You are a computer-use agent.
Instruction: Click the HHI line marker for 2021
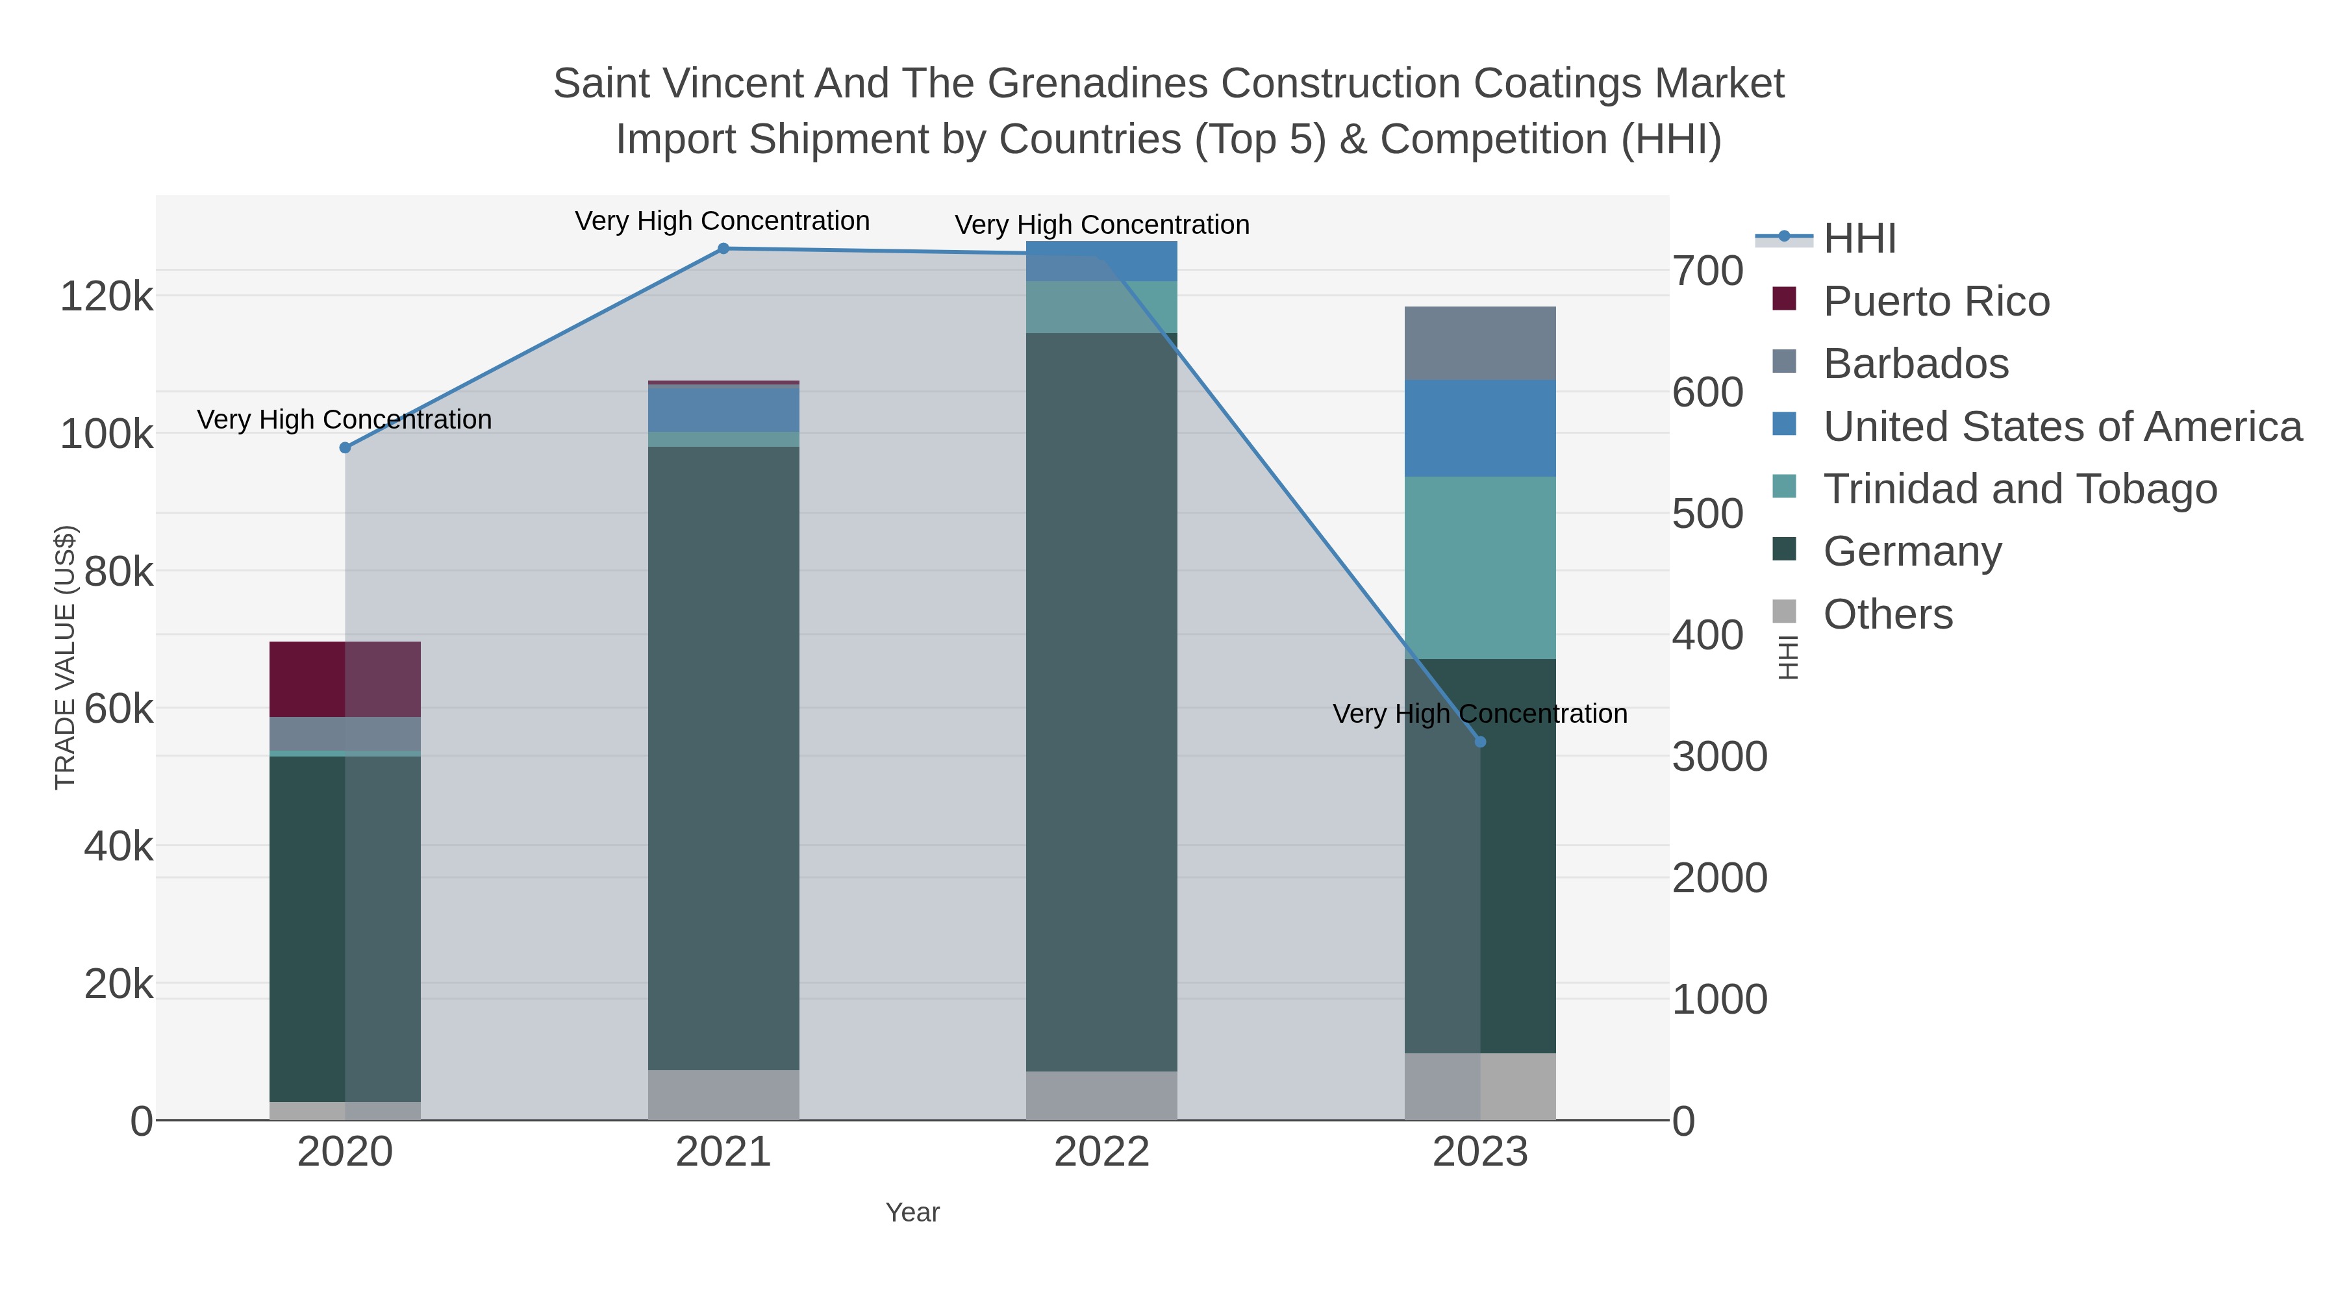pos(723,249)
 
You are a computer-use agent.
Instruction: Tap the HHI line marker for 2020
pos(345,447)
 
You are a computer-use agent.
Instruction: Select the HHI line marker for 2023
pos(1480,742)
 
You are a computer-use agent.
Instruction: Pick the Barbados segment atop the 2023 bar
pos(1480,343)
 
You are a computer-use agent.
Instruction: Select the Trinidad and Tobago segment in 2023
pos(1480,567)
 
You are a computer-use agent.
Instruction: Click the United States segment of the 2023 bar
pos(1480,429)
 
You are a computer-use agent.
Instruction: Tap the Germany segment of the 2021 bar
pos(723,758)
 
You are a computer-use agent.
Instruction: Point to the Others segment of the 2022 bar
pos(1102,1096)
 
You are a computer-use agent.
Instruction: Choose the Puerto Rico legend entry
pos(1936,301)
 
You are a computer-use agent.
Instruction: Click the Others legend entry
pos(1888,614)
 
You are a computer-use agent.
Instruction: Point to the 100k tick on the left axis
pos(107,434)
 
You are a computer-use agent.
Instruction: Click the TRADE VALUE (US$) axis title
pos(66,657)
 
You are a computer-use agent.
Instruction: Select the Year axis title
pos(912,1212)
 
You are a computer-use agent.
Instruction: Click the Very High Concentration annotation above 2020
pos(345,420)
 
